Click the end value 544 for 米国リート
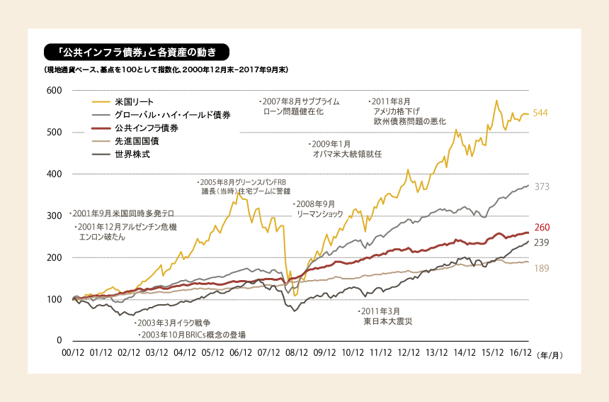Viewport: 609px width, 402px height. tap(540, 113)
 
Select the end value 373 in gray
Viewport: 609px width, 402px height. tap(542, 187)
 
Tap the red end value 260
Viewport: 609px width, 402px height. tap(542, 228)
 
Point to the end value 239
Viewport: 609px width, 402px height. tap(542, 242)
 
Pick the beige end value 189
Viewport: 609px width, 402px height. tap(542, 268)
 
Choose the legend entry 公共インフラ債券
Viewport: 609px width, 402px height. tap(146, 128)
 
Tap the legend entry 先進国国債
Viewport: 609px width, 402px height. tap(136, 141)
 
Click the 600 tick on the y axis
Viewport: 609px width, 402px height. tap(55, 91)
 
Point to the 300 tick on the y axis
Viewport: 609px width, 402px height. tap(55, 216)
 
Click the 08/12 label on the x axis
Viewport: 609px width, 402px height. tap(297, 352)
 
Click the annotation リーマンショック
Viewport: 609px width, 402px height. tap(319, 213)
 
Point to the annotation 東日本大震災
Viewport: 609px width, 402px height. tap(388, 321)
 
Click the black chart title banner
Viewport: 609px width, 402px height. tap(136, 52)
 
